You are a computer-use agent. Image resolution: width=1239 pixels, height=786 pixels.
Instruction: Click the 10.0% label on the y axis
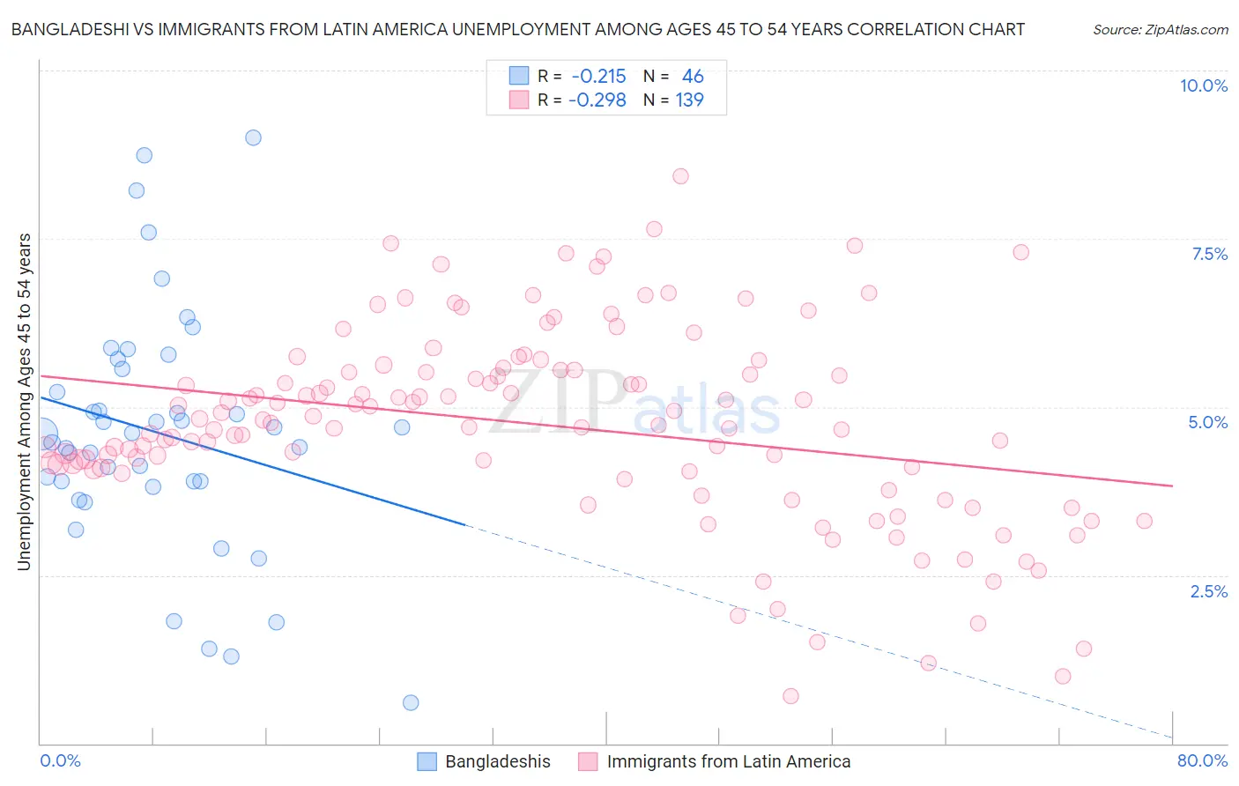[x=1203, y=85]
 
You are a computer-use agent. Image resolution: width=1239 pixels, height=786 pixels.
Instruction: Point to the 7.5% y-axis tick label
[x=1209, y=254]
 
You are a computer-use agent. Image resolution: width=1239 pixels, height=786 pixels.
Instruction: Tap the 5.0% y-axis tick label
[x=1207, y=422]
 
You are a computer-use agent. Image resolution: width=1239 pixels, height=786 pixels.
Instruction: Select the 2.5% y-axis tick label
[x=1208, y=591]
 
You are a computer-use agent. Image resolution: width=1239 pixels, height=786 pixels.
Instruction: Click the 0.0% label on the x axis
[x=61, y=760]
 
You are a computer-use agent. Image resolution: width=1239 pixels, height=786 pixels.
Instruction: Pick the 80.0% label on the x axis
[x=1202, y=760]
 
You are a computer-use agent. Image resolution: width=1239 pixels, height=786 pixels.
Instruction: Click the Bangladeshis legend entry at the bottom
[x=497, y=761]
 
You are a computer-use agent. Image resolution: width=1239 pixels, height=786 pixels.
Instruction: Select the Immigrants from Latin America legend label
[x=728, y=761]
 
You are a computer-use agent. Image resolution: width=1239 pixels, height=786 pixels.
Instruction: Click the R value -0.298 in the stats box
[x=597, y=100]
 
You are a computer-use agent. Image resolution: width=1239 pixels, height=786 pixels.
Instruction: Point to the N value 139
[x=689, y=100]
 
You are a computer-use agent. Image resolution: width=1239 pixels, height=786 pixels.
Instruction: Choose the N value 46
[x=693, y=77]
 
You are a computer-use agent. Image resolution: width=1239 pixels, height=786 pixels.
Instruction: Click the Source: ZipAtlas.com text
[x=1160, y=29]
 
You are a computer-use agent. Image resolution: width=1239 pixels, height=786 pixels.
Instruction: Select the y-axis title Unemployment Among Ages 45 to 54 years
[x=24, y=402]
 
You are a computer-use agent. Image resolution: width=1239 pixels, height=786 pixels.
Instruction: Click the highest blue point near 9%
[x=253, y=137]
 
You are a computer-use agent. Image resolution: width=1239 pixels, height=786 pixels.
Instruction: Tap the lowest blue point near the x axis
[x=411, y=702]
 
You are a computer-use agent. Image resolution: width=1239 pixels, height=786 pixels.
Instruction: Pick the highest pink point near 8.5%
[x=680, y=176]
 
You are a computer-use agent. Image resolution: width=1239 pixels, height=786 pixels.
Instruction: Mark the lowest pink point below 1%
[x=790, y=696]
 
